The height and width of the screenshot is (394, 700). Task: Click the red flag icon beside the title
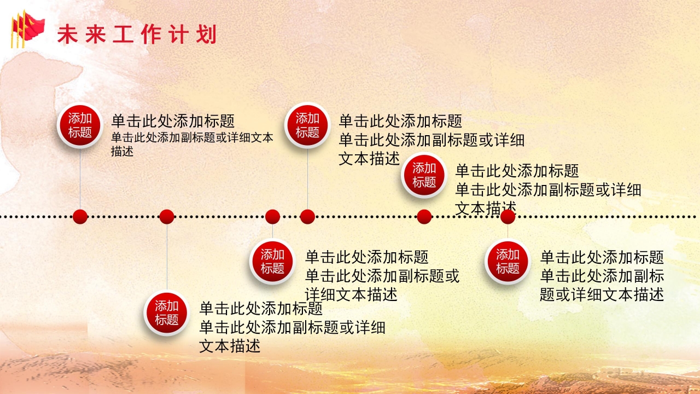pyautogui.click(x=27, y=30)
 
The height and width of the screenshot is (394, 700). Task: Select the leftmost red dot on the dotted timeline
pyautogui.click(x=80, y=217)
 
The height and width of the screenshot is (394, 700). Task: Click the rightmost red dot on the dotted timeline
pyautogui.click(x=507, y=217)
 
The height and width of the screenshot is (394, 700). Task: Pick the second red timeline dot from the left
pyautogui.click(x=167, y=217)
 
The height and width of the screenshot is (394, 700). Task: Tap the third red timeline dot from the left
pyautogui.click(x=272, y=217)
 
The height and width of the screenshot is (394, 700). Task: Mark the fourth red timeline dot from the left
pyautogui.click(x=307, y=217)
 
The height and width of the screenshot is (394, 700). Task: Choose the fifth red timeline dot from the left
pyautogui.click(x=424, y=217)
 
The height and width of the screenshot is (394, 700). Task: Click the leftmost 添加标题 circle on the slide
pyautogui.click(x=80, y=125)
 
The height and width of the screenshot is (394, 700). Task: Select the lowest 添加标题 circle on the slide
pyautogui.click(x=166, y=312)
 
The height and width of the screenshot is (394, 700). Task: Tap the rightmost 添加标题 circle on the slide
pyautogui.click(x=507, y=261)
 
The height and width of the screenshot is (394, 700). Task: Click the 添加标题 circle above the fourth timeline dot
pyautogui.click(x=307, y=125)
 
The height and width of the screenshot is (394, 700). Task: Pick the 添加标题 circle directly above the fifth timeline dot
pyautogui.click(x=424, y=175)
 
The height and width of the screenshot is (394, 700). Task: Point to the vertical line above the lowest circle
pyautogui.click(x=167, y=257)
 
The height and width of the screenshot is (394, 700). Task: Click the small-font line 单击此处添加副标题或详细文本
pyautogui.click(x=192, y=138)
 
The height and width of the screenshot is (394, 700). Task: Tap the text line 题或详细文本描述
pyautogui.click(x=602, y=295)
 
